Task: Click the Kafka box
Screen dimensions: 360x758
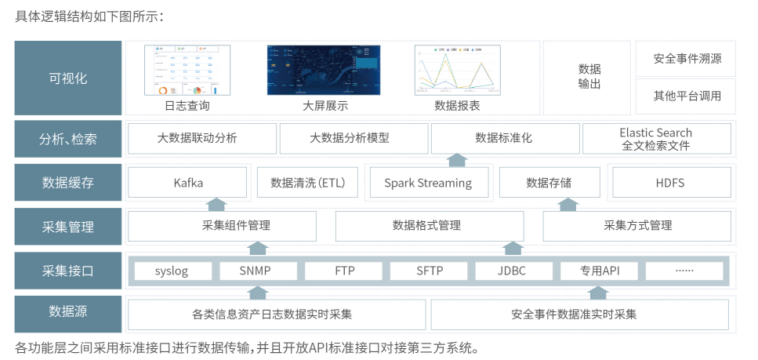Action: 188,183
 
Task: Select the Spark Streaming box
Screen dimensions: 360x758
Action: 427,183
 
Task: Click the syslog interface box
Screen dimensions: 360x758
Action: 172,271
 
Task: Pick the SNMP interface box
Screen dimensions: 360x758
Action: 258,271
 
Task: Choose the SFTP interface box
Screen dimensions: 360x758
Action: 429,271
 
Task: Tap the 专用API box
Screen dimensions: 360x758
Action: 599,271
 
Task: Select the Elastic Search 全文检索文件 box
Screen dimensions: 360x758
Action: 655,139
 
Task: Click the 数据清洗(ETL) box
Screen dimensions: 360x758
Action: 307,183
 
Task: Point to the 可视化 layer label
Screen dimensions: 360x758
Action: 68,78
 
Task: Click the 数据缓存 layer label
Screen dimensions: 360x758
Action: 68,183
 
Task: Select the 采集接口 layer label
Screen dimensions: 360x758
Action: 68,271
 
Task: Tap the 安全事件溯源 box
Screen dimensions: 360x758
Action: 687,59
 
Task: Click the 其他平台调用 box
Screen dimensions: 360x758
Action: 687,96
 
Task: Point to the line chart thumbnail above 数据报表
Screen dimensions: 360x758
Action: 457,68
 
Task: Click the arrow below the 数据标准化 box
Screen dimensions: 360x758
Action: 457,160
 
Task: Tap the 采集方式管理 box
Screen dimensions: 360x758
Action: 638,226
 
